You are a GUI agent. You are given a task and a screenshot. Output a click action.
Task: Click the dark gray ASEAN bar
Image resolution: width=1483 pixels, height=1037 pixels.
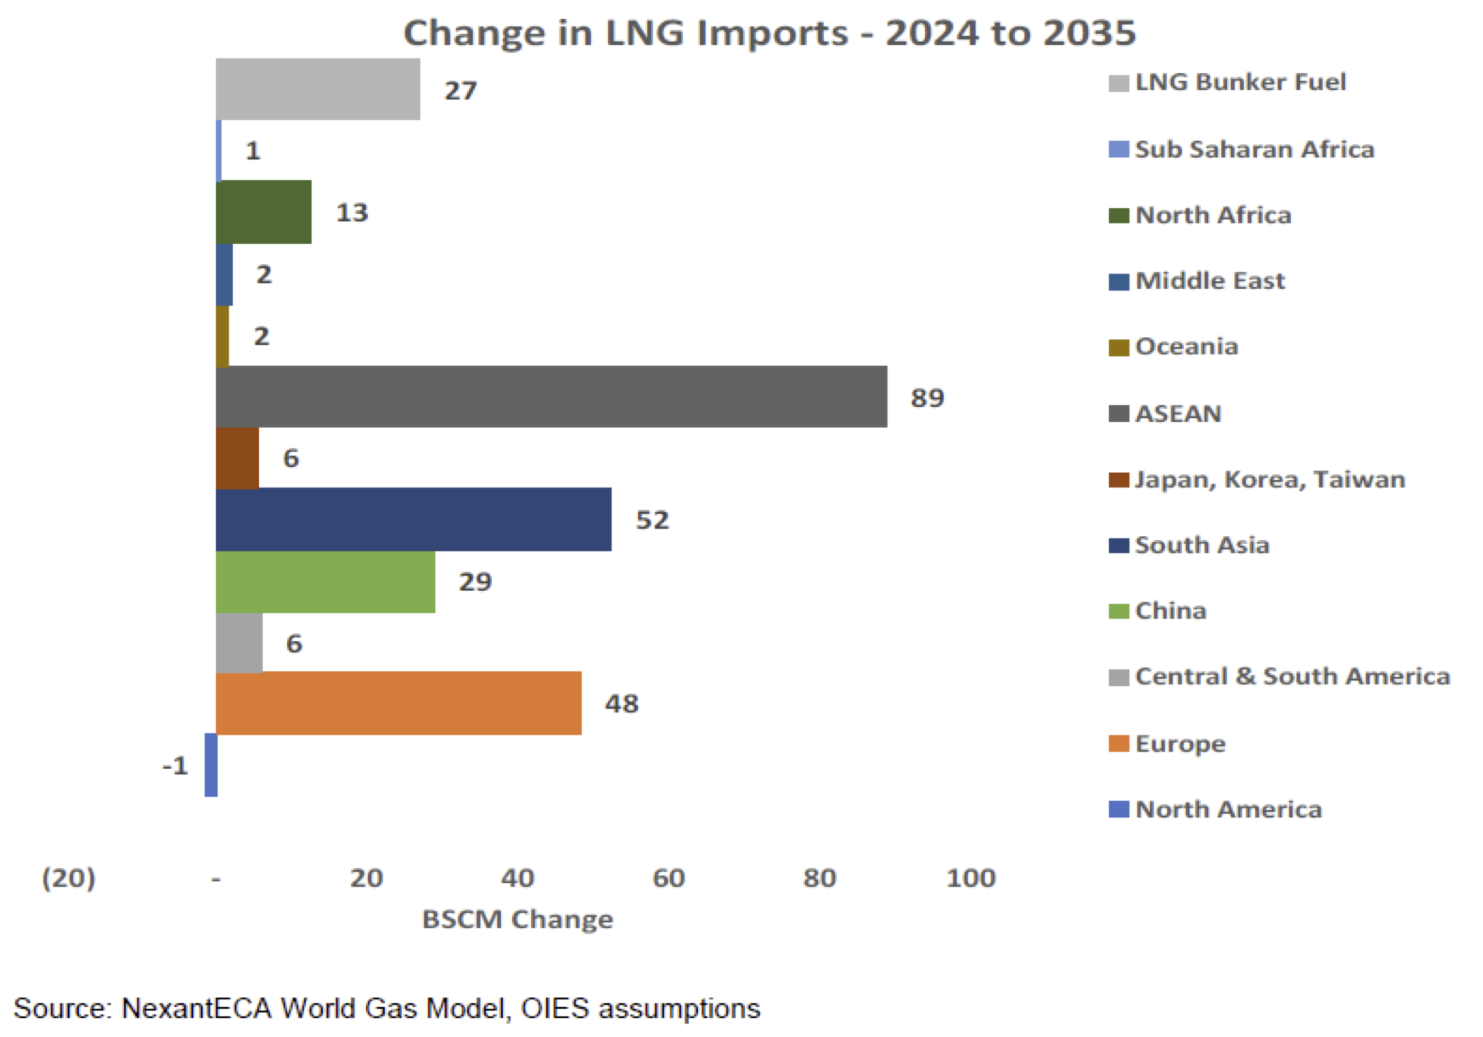pyautogui.click(x=551, y=397)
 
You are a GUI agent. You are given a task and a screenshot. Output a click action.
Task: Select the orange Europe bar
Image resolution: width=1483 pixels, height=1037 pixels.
pyautogui.click(x=398, y=703)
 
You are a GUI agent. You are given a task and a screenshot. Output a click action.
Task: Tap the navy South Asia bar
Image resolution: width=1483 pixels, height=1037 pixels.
pyautogui.click(x=413, y=520)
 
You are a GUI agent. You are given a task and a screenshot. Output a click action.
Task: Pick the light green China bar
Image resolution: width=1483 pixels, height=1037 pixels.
pyautogui.click(x=325, y=581)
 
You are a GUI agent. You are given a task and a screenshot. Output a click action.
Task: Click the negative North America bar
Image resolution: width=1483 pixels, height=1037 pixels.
pyautogui.click(x=211, y=765)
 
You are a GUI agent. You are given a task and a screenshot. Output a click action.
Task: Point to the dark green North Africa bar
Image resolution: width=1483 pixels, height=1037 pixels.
pyautogui.click(x=263, y=212)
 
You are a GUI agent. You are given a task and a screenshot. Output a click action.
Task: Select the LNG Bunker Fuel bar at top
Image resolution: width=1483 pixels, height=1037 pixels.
pyautogui.click(x=317, y=89)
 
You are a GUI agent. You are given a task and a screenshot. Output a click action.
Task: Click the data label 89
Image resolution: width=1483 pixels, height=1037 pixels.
pyautogui.click(x=927, y=398)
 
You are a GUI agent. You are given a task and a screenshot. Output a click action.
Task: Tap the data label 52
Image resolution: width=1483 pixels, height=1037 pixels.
pyautogui.click(x=652, y=520)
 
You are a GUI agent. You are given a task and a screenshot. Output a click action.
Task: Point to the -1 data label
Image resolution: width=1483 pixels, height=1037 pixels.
pyautogui.click(x=175, y=766)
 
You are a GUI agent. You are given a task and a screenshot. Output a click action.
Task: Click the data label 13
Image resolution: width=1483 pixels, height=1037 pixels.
pyautogui.click(x=352, y=212)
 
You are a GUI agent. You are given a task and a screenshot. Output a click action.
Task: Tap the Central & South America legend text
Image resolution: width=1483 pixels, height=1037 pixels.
pyautogui.click(x=1292, y=676)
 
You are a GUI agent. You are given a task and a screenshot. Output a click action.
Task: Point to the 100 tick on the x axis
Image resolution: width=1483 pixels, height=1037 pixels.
pyautogui.click(x=971, y=878)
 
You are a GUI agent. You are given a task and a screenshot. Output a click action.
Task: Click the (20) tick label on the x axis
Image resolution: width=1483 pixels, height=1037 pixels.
pyautogui.click(x=69, y=878)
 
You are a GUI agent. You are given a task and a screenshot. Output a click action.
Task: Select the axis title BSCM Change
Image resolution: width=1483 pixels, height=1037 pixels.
pyautogui.click(x=517, y=920)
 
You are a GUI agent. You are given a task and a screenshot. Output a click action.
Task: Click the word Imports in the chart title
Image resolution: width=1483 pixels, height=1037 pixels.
pyautogui.click(x=772, y=33)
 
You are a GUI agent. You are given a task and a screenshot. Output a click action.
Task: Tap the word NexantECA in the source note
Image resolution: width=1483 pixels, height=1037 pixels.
pyautogui.click(x=196, y=1009)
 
